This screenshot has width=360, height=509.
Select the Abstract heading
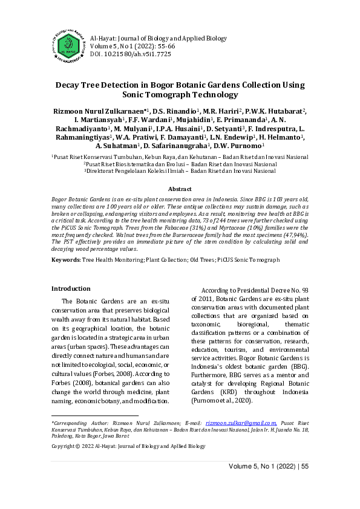click(180, 189)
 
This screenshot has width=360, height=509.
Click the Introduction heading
click(71, 288)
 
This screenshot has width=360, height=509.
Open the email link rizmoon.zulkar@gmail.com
click(241, 423)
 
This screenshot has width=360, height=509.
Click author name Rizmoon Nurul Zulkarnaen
click(99, 111)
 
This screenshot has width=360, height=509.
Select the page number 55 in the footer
click(304, 466)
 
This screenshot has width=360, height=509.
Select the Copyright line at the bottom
click(128, 446)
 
